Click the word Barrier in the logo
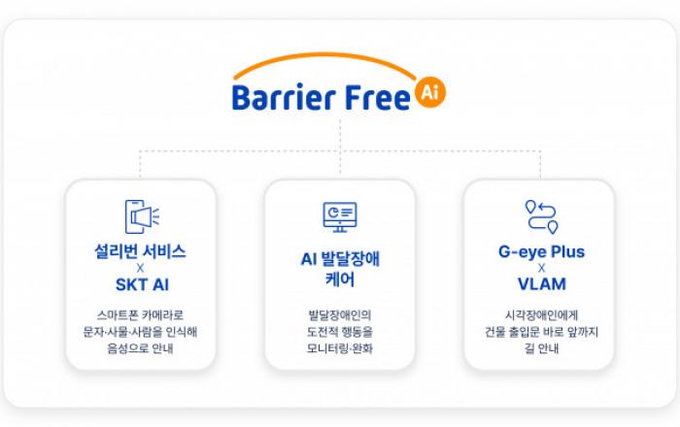(x=284, y=97)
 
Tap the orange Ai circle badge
(x=429, y=92)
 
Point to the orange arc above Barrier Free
(x=324, y=56)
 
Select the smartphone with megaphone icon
(x=142, y=216)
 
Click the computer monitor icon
(x=340, y=216)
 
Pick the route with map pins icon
(x=542, y=216)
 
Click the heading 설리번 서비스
(x=140, y=251)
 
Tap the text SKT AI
(x=142, y=284)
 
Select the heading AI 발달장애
(x=340, y=259)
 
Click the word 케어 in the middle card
(x=340, y=279)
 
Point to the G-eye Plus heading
(x=542, y=251)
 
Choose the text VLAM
(x=542, y=284)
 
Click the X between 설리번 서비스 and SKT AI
(x=140, y=268)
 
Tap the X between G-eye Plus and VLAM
(x=542, y=268)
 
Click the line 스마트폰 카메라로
(x=140, y=314)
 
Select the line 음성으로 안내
(x=140, y=348)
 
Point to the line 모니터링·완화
(x=340, y=348)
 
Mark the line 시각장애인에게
(x=542, y=314)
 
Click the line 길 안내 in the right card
(x=542, y=348)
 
